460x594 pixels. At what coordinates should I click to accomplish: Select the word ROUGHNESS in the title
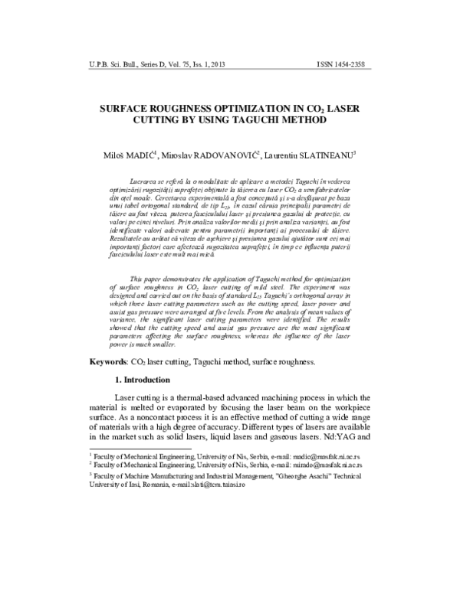[180, 108]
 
